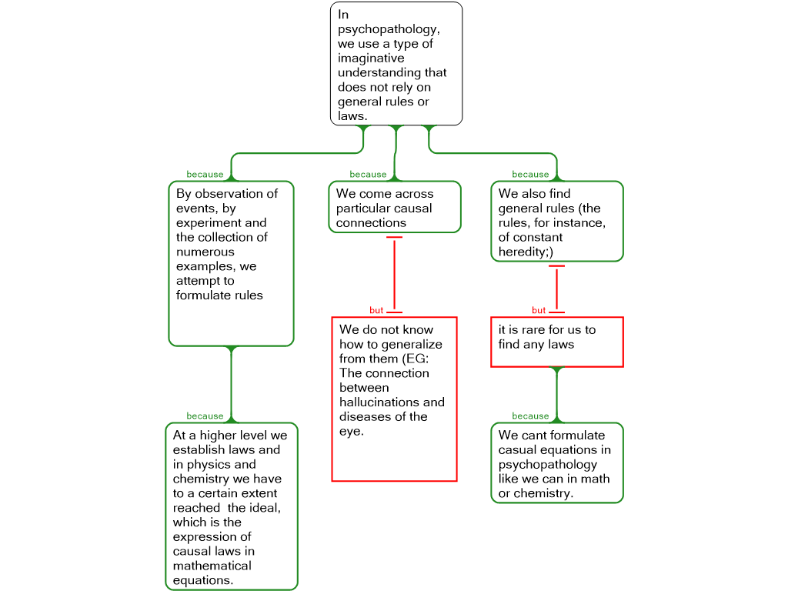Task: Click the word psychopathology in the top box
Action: tap(388, 30)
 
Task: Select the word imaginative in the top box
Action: tap(371, 58)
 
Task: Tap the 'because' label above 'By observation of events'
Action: tap(205, 175)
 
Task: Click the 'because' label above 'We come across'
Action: tap(369, 175)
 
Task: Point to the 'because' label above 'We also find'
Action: tap(531, 175)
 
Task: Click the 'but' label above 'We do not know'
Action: tap(376, 311)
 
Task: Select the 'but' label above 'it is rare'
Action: tap(539, 311)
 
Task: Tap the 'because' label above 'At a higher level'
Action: tap(205, 416)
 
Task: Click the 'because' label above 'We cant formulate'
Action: tap(531, 416)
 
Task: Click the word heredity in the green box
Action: tap(523, 252)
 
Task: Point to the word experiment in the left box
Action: tap(208, 223)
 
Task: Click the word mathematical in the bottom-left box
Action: tap(212, 566)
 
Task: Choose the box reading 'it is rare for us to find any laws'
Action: tap(557, 342)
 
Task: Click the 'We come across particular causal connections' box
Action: tap(395, 207)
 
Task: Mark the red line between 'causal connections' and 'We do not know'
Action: tap(395, 275)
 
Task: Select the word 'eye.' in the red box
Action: tap(351, 432)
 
